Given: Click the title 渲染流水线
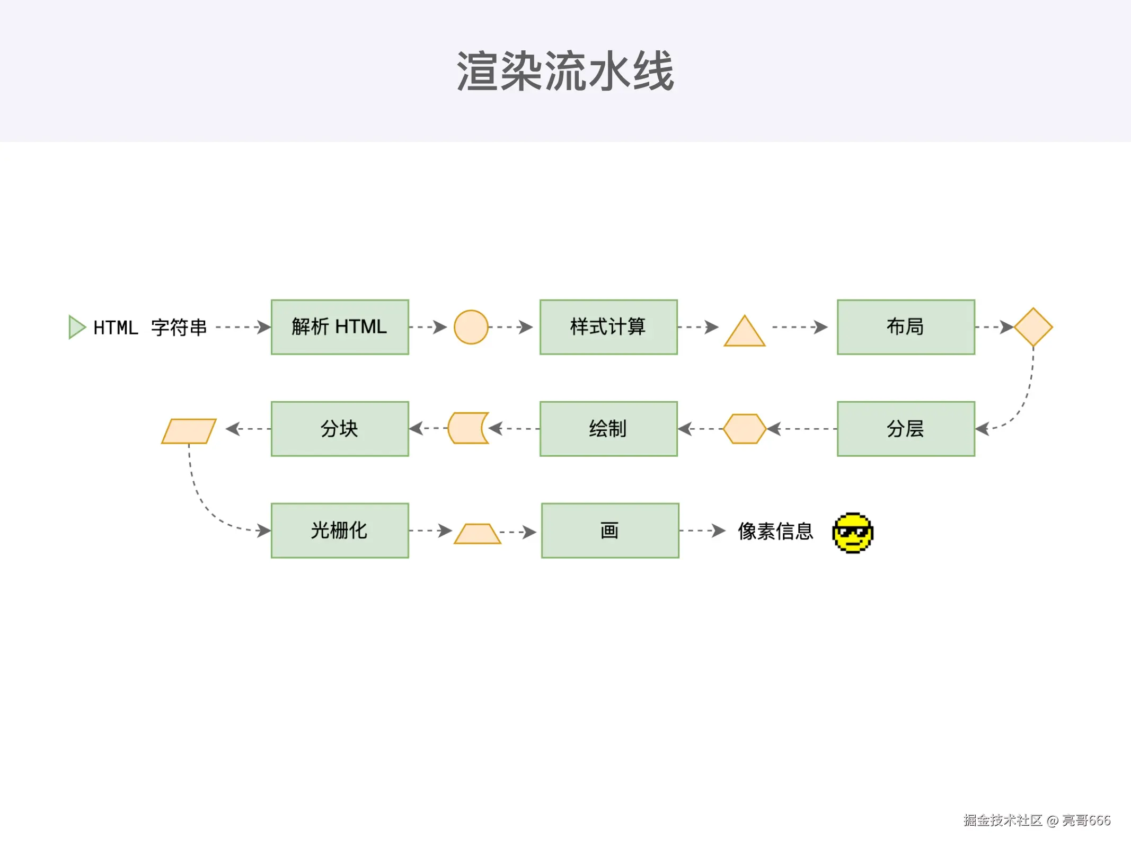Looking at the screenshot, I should (x=565, y=72).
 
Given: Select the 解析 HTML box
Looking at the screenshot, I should (x=340, y=327).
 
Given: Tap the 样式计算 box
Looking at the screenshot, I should (x=608, y=327).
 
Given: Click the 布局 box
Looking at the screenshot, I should (x=906, y=327).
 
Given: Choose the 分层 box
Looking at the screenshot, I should (x=906, y=429).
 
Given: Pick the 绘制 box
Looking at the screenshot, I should (x=608, y=429).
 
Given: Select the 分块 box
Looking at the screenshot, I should (x=340, y=429).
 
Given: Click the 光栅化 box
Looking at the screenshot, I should (x=340, y=531).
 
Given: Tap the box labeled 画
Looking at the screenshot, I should (x=610, y=531).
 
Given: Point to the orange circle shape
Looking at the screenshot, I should (x=471, y=327).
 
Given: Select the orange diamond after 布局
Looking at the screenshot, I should (x=1033, y=327).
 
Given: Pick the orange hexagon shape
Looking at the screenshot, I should (x=745, y=429).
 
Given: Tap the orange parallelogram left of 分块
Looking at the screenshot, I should (x=189, y=431).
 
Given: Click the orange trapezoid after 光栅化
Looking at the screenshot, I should (x=478, y=534).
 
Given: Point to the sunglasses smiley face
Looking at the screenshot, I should (x=853, y=533).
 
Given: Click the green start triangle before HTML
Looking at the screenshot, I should (x=76, y=327).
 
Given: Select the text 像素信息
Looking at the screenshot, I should (x=775, y=531).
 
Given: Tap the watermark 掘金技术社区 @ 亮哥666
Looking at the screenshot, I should (x=1036, y=820).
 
